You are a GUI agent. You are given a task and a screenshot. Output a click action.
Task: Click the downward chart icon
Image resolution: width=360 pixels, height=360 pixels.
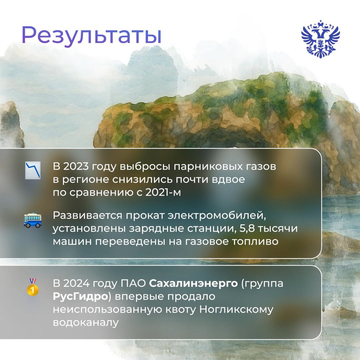(x=33, y=170)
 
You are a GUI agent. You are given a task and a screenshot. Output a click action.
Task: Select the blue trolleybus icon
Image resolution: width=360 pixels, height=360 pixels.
(x=33, y=220)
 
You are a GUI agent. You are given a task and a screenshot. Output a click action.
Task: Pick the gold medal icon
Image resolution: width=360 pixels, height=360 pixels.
(x=32, y=287)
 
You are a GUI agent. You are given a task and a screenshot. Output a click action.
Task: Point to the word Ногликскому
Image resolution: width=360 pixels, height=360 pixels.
(x=236, y=310)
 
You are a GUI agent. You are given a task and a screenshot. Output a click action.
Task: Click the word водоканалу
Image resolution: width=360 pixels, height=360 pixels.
(x=86, y=323)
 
